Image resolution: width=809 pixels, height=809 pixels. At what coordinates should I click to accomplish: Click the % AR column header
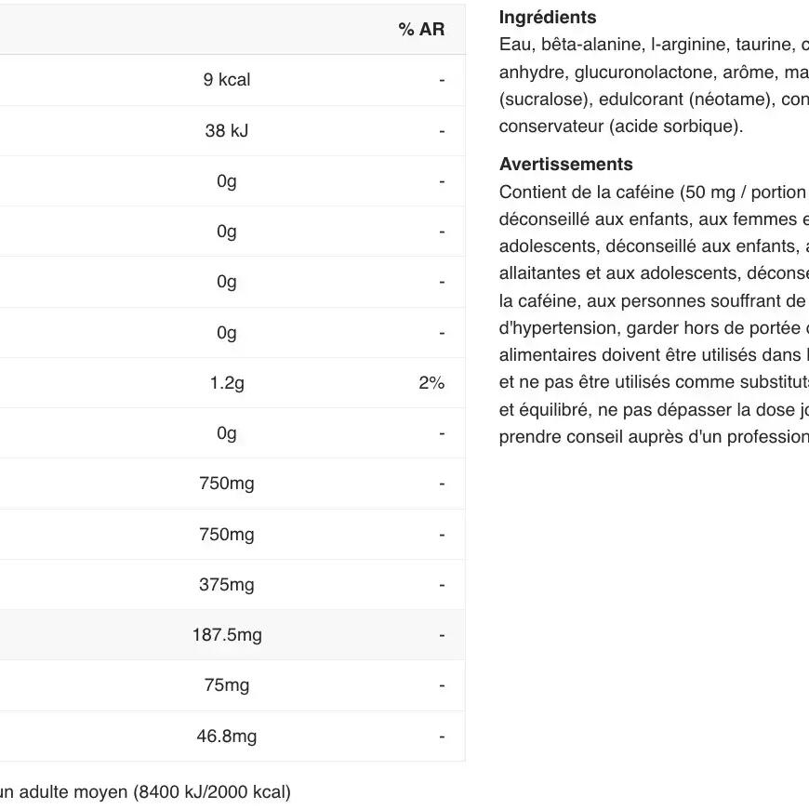pos(421,30)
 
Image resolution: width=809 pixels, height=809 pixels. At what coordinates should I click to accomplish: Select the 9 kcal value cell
pos(227,80)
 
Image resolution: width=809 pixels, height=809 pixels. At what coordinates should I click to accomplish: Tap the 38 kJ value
pos(227,130)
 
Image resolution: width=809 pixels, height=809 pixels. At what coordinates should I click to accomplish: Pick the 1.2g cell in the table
pos(227,383)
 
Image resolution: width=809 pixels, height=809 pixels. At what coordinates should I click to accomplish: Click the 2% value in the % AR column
pos(431,383)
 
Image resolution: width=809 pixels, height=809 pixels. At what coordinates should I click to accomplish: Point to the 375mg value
pos(227,585)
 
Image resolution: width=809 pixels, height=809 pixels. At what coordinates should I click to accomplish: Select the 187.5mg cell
pos(227,635)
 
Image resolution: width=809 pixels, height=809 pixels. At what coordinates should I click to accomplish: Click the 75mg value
pos(227,685)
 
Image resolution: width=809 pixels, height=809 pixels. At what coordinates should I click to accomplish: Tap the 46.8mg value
pos(227,736)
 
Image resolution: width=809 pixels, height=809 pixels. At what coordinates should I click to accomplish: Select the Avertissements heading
pos(565,165)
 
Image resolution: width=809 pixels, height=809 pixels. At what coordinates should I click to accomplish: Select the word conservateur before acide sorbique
pos(553,126)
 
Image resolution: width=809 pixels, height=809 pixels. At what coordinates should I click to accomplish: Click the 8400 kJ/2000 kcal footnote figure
pos(212,792)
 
